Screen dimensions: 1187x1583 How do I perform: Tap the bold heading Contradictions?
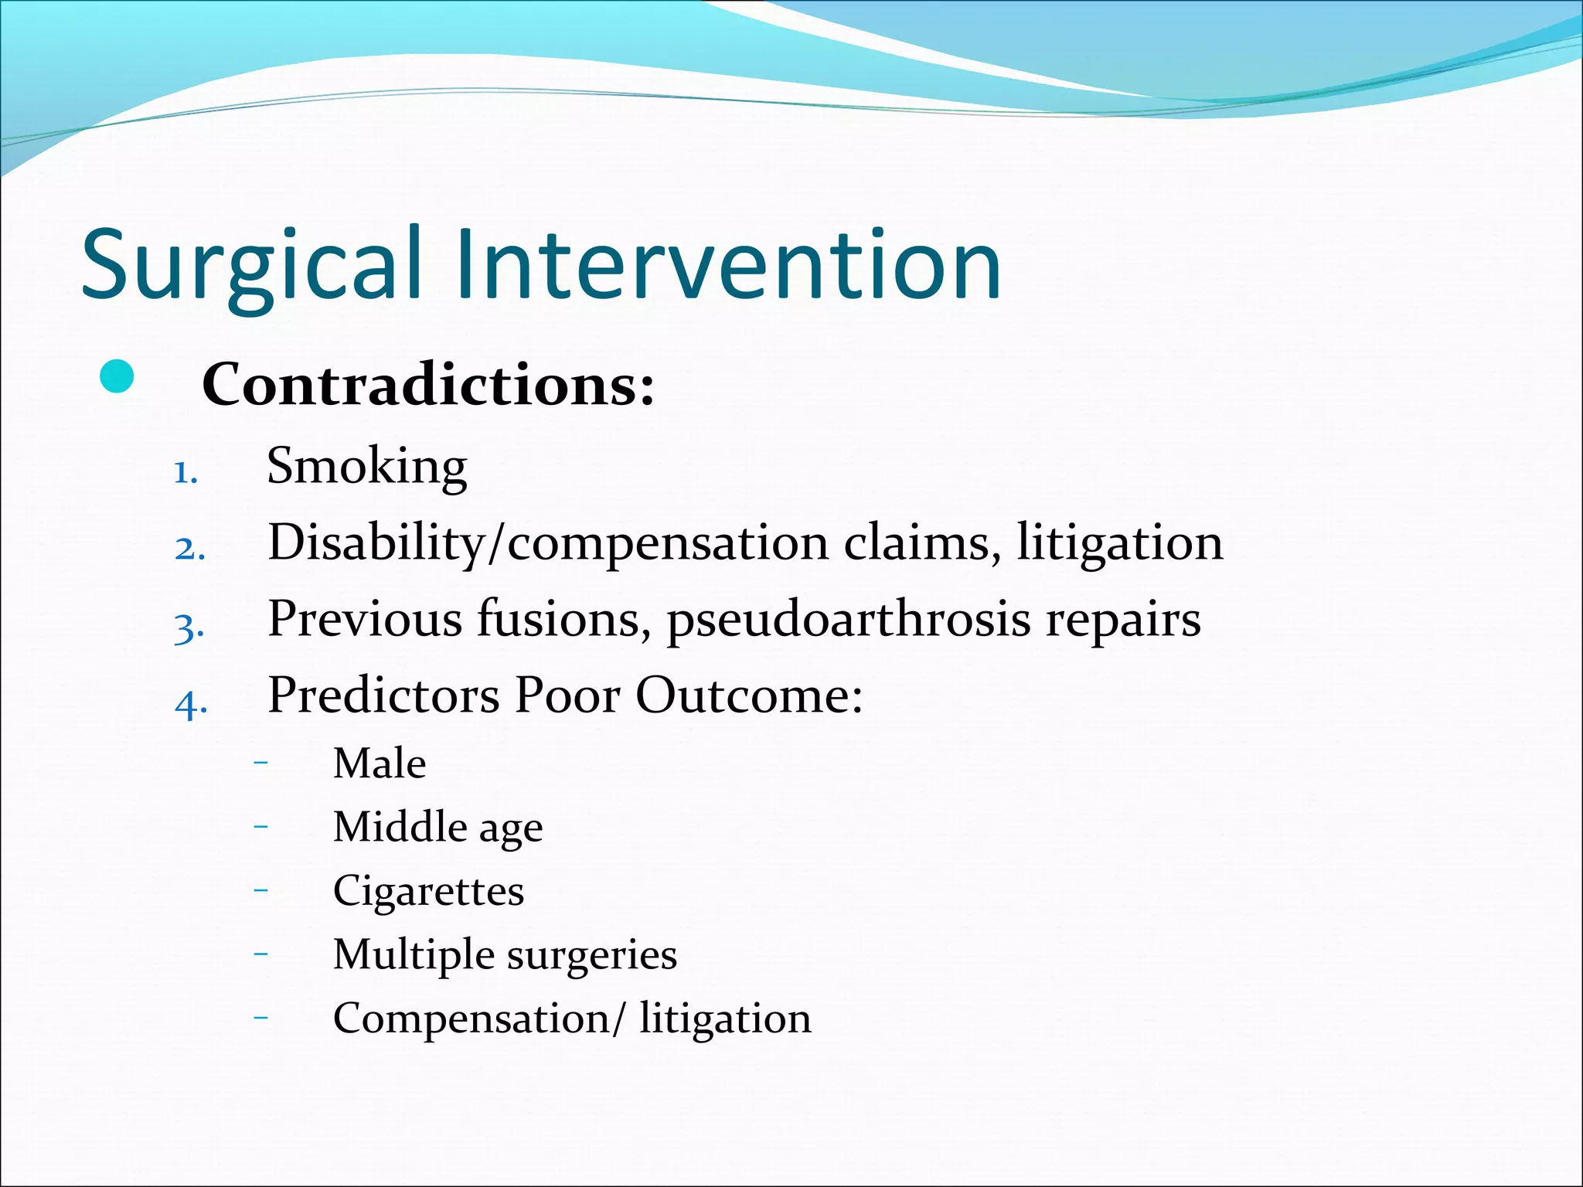pos(427,384)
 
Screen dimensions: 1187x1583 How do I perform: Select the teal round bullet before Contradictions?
pos(117,377)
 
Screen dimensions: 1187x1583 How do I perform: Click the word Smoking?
pos(366,466)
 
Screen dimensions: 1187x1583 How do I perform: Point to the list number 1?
pos(186,473)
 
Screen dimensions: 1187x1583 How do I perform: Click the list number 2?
pos(189,549)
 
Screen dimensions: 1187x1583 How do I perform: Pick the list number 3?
pos(189,627)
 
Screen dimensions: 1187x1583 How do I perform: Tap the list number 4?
pos(191,704)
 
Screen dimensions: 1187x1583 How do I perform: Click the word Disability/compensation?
pos(548,542)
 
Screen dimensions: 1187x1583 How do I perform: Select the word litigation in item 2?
pos(1119,542)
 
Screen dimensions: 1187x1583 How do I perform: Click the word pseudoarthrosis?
pos(848,620)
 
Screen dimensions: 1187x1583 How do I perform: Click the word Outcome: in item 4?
pos(748,695)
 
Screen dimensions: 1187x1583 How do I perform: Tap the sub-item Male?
pos(379,764)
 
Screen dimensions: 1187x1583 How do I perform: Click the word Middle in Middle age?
pos(400,827)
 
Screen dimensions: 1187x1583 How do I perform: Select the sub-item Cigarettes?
pos(428,891)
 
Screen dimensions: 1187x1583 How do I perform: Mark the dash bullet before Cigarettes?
pos(260,890)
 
